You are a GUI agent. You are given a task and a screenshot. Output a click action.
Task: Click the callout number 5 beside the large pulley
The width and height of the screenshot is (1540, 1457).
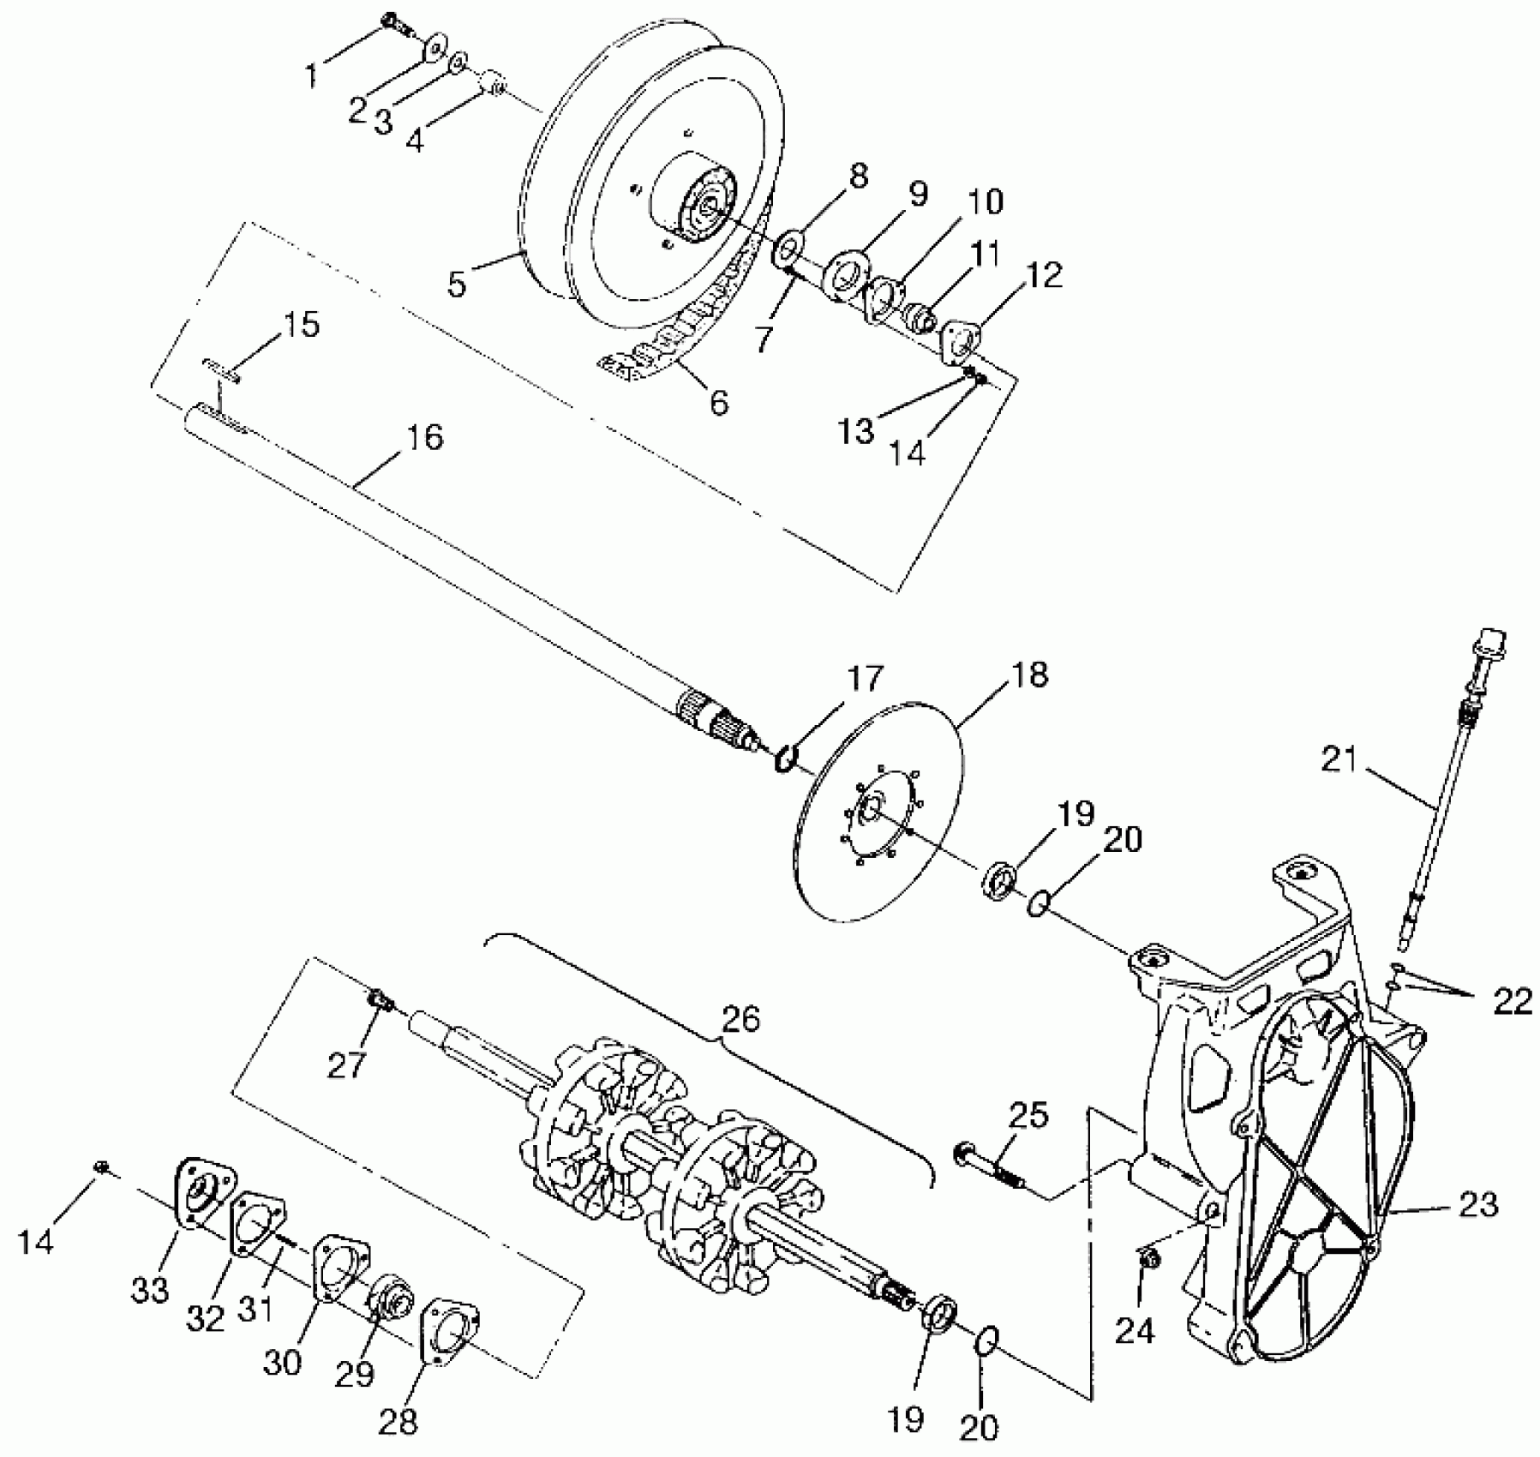(457, 282)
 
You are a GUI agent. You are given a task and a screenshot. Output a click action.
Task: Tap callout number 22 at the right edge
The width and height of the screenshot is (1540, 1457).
(1511, 1000)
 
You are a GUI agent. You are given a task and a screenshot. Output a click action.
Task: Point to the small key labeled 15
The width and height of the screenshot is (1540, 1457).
(221, 369)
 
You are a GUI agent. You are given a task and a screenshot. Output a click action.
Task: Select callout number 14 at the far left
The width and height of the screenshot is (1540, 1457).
(36, 1238)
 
